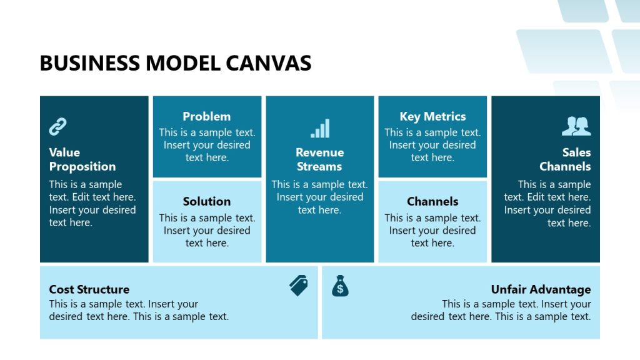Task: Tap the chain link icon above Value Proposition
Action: click(x=58, y=127)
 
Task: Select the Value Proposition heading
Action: click(x=82, y=159)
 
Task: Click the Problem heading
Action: click(x=207, y=116)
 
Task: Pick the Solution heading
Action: click(x=207, y=201)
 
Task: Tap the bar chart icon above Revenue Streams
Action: click(x=320, y=129)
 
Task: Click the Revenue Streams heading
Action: click(x=319, y=159)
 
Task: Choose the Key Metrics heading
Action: click(x=432, y=116)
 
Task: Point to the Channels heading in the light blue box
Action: click(x=432, y=201)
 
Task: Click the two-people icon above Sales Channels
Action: click(x=576, y=127)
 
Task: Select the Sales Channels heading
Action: click(x=565, y=159)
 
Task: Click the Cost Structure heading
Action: click(x=89, y=289)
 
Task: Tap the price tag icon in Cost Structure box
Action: click(x=299, y=286)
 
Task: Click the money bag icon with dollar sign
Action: click(x=340, y=286)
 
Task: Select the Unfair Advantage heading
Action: click(x=541, y=289)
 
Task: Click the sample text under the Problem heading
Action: click(x=207, y=145)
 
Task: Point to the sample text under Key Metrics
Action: click(x=432, y=145)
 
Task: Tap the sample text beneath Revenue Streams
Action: click(x=319, y=197)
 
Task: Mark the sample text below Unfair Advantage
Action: click(x=501, y=310)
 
